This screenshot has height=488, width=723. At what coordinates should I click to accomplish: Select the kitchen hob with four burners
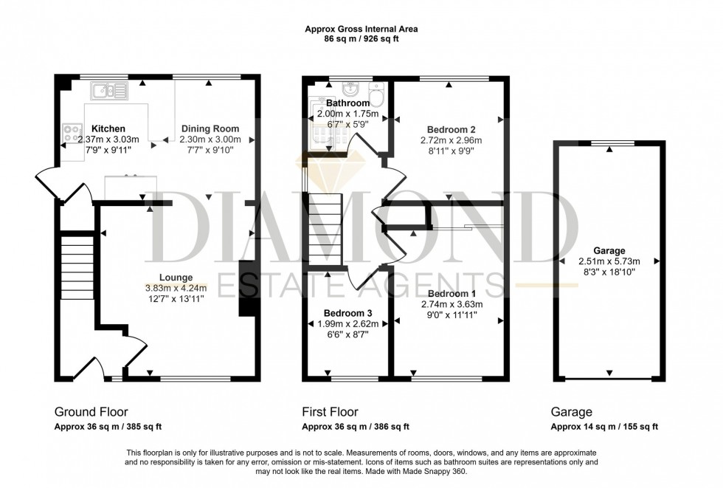pos(72,134)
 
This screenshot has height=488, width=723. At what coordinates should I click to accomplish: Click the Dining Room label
pos(210,128)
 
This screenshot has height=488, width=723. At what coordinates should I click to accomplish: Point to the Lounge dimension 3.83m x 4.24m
pos(176,288)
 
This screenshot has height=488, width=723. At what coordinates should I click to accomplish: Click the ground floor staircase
pos(76,266)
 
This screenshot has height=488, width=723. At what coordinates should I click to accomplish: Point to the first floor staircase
pos(325,229)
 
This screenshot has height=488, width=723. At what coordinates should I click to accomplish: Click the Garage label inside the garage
pos(609,250)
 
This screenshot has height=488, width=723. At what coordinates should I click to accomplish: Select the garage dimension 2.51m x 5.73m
pos(609,261)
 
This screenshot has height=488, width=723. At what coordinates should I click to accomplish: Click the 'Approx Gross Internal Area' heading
pos(361,30)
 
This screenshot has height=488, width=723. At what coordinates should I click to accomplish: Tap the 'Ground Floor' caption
pos(91,412)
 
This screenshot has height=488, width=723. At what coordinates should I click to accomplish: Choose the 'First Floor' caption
pos(331,412)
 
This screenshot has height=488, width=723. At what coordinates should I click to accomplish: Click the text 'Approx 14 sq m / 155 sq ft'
pos(604,427)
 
